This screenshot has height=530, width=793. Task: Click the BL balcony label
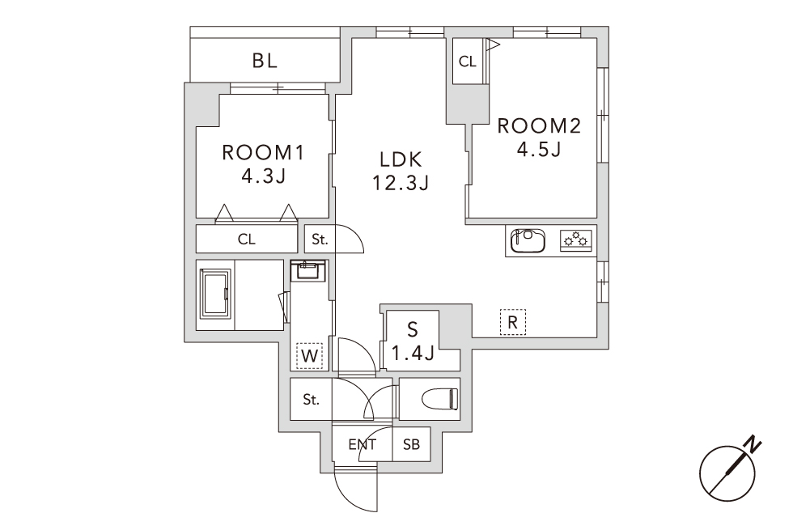[265, 61]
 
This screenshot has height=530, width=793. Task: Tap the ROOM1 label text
[263, 153]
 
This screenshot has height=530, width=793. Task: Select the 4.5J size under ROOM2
[539, 149]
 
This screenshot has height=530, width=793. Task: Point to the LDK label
[401, 160]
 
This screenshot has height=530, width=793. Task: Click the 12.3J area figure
[401, 183]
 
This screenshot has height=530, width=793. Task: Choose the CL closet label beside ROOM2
[468, 61]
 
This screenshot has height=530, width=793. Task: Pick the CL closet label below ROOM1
[246, 240]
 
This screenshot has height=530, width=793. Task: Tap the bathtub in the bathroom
[216, 294]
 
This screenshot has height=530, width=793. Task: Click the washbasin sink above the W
[308, 270]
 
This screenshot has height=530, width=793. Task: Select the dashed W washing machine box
[309, 356]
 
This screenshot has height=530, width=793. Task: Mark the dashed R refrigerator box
[513, 322]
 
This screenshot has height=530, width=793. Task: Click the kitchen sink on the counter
[528, 241]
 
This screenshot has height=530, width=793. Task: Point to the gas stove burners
[576, 240]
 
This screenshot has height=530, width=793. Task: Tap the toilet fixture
[442, 398]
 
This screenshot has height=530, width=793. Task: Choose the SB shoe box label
[411, 444]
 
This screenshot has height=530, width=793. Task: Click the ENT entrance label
[363, 444]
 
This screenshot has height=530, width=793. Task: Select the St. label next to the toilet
[312, 400]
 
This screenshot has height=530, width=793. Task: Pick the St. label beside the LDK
[320, 240]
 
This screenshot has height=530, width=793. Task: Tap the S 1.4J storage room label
[413, 341]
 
